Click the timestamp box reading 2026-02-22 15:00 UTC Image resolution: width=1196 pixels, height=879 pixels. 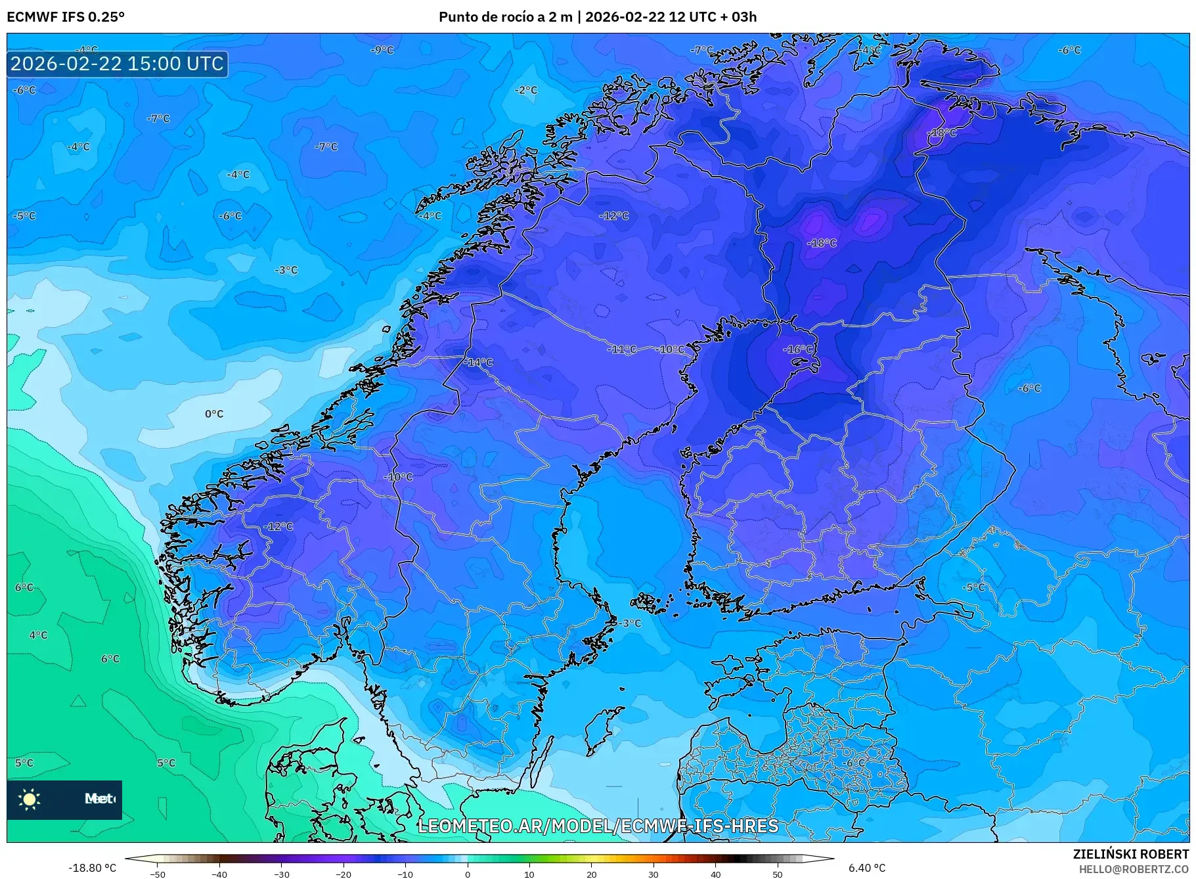click(x=117, y=64)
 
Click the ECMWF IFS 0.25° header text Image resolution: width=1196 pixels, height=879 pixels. click(x=65, y=16)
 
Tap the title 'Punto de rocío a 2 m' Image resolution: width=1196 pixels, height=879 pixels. click(x=505, y=16)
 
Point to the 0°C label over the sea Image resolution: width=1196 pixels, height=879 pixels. click(x=214, y=414)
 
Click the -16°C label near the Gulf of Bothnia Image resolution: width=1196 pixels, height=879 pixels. click(x=798, y=349)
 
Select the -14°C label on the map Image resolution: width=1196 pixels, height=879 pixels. click(x=478, y=362)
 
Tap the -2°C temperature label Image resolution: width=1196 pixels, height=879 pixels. click(x=525, y=90)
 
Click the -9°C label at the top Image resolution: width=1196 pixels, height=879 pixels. click(x=382, y=50)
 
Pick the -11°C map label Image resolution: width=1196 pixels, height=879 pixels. click(x=623, y=349)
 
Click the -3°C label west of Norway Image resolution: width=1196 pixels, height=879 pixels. click(x=286, y=270)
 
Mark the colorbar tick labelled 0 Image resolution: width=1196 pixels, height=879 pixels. click(x=468, y=874)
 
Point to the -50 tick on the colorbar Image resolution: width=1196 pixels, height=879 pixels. click(x=158, y=874)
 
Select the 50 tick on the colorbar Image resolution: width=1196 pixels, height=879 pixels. click(x=778, y=874)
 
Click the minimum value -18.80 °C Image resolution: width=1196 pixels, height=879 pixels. click(x=92, y=868)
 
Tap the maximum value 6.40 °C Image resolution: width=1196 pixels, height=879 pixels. click(x=867, y=868)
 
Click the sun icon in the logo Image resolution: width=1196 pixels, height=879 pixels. click(x=30, y=799)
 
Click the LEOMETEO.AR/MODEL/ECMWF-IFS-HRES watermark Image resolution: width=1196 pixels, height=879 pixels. click(x=598, y=826)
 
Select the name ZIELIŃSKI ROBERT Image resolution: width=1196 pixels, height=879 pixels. click(x=1130, y=854)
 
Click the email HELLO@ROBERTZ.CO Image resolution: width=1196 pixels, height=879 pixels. click(x=1133, y=869)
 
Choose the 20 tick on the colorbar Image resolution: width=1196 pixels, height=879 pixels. click(x=591, y=874)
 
